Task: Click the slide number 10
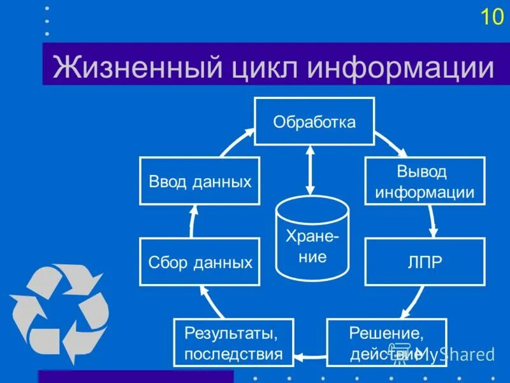[x=492, y=17]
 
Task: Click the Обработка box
[x=314, y=122]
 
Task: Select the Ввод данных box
[x=200, y=181]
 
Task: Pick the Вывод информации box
[x=425, y=181]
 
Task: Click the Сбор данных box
[x=200, y=262]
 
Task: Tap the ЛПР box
[x=425, y=262]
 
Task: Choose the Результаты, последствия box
[x=233, y=342]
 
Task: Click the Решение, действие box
[x=386, y=342]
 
